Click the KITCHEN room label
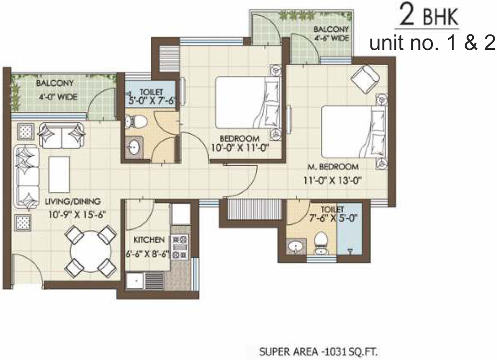(x=149, y=240)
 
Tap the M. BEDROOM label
(x=333, y=167)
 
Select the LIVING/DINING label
(x=73, y=201)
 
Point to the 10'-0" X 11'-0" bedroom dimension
(x=240, y=147)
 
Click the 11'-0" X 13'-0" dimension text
(x=332, y=180)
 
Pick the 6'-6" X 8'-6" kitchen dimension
(x=147, y=254)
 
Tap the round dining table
(x=91, y=251)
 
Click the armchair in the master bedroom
(x=365, y=79)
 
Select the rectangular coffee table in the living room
(x=59, y=174)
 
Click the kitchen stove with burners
(x=180, y=246)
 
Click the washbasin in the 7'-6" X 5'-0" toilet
(x=296, y=246)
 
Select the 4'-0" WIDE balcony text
(x=58, y=97)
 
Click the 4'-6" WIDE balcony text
(x=331, y=38)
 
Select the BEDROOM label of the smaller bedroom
(x=240, y=138)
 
